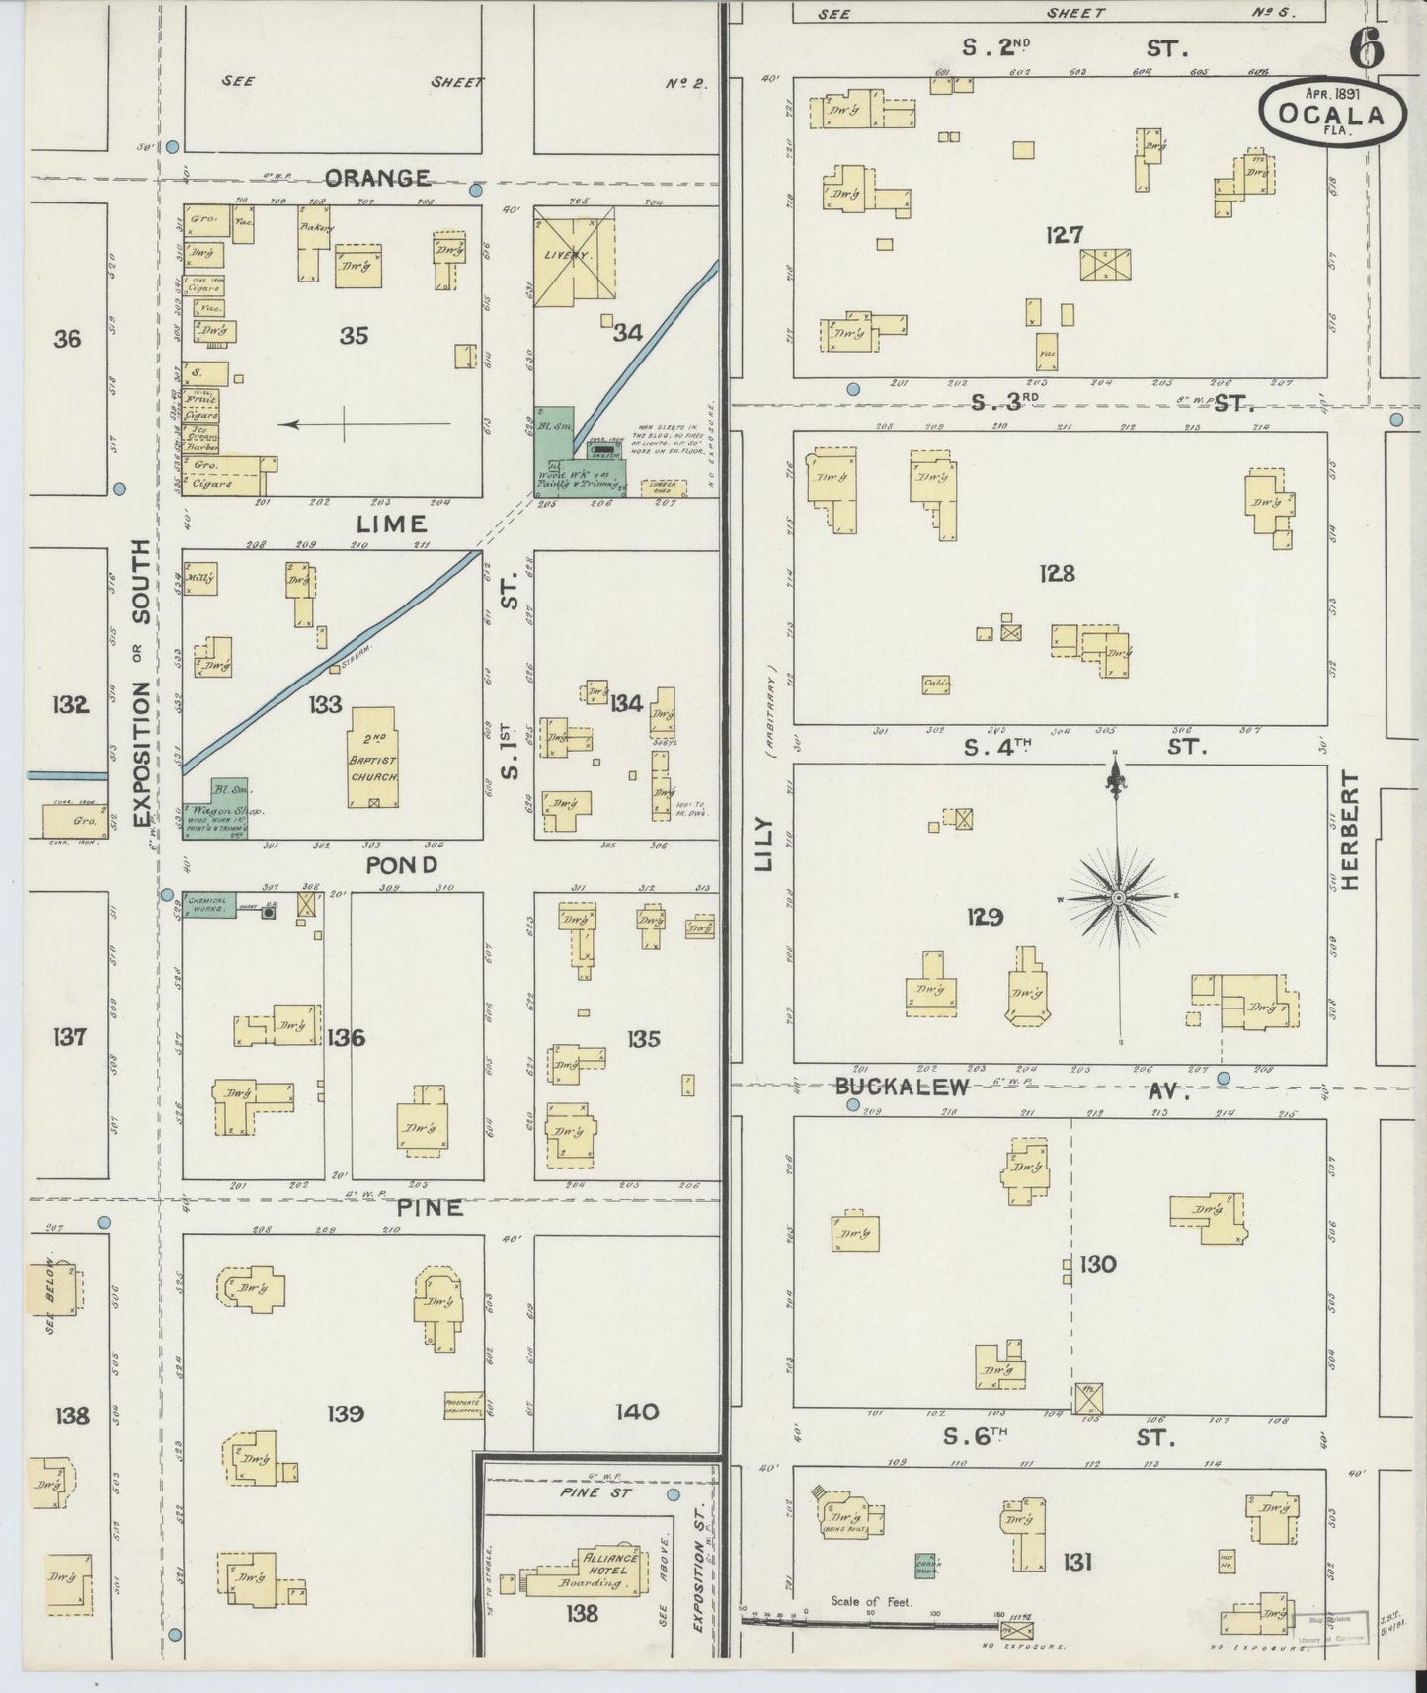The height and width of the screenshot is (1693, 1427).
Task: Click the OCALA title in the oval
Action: (x=1329, y=114)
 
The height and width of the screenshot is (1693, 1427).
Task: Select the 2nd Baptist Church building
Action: (x=373, y=758)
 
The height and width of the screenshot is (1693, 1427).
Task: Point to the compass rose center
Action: (x=1118, y=897)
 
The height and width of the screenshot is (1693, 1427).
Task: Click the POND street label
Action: (x=401, y=866)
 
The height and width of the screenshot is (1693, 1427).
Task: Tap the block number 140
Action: (x=637, y=1411)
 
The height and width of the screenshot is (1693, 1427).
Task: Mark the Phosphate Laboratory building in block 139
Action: (x=462, y=1407)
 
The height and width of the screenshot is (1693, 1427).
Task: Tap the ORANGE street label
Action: (x=377, y=178)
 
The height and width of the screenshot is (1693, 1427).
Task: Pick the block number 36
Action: (x=68, y=339)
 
